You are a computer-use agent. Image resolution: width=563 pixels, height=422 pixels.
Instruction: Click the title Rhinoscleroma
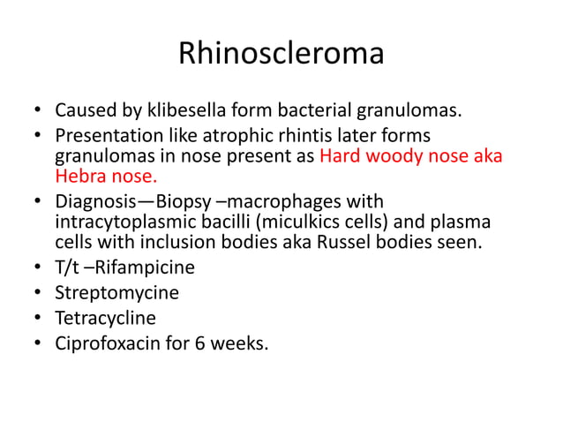(281, 54)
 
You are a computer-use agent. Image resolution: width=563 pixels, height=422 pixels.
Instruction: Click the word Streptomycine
(116, 291)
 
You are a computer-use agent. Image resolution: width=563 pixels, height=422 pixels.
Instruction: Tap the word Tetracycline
(105, 317)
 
